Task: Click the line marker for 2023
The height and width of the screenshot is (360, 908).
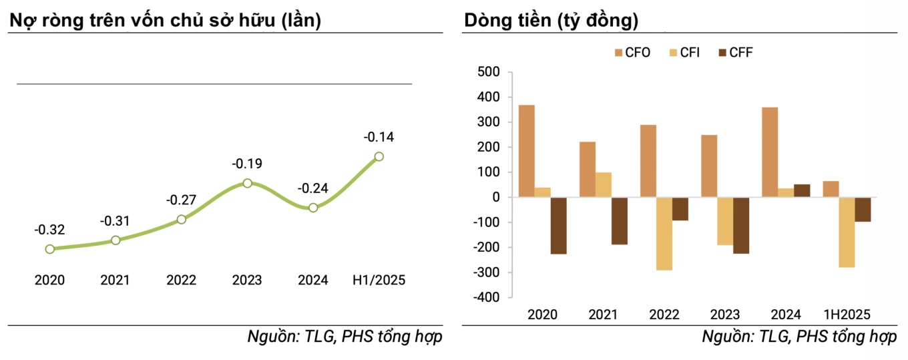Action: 248,183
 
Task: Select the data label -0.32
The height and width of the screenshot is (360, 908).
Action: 49,230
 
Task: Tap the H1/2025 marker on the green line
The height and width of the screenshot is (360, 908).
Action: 379,156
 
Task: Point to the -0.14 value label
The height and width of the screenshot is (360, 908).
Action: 379,138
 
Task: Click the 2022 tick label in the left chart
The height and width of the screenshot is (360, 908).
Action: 181,280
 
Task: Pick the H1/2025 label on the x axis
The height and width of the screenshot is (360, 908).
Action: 379,280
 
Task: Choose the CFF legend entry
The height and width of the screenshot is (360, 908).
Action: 735,52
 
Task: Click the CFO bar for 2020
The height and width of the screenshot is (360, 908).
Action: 527,151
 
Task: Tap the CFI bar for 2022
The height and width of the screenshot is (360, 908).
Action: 664,234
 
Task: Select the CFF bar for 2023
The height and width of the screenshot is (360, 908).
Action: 740,226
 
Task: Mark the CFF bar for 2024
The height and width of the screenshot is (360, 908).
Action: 802,190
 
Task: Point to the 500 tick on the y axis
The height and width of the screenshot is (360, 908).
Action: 489,72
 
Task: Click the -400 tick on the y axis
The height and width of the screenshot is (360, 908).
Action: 486,297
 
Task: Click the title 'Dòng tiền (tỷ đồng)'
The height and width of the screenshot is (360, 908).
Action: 551,21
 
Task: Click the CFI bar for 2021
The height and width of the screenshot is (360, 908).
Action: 603,185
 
